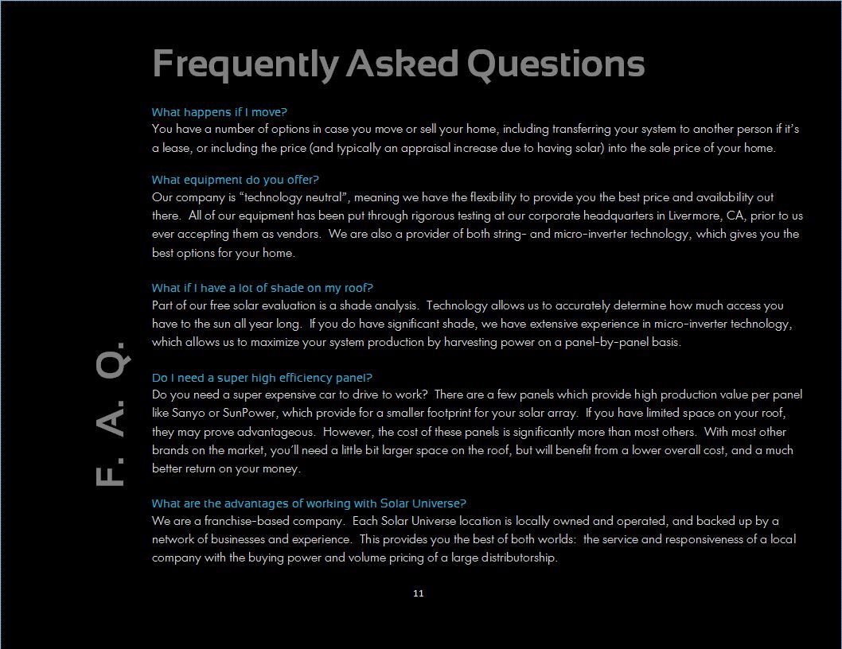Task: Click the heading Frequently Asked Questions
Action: pos(398,64)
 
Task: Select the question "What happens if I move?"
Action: pos(219,112)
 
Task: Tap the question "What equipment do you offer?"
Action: pos(235,180)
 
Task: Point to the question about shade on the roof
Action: pos(262,288)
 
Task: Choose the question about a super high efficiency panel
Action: pos(262,378)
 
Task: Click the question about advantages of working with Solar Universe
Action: pos(309,503)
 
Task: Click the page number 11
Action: pos(419,593)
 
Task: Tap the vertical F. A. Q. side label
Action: pos(110,414)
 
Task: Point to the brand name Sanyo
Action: pos(188,414)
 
